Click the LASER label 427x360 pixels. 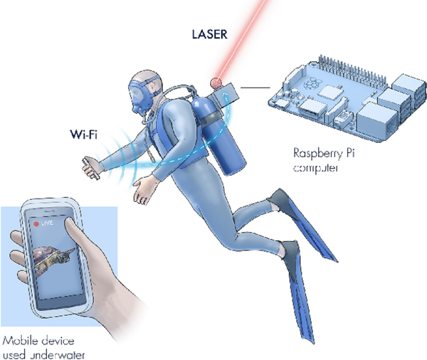pyautogui.click(x=209, y=34)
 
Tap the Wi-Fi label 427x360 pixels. pyautogui.click(x=83, y=134)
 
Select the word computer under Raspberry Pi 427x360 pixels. pyautogui.click(x=316, y=167)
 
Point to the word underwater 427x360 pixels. pyautogui.click(x=57, y=355)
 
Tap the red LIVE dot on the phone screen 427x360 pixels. pyautogui.click(x=36, y=224)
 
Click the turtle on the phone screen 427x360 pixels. pyautogui.click(x=53, y=258)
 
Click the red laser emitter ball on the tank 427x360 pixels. pyautogui.click(x=216, y=83)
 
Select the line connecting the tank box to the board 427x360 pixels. pyautogui.click(x=255, y=88)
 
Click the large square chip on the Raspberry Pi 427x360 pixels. pyautogui.click(x=330, y=92)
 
